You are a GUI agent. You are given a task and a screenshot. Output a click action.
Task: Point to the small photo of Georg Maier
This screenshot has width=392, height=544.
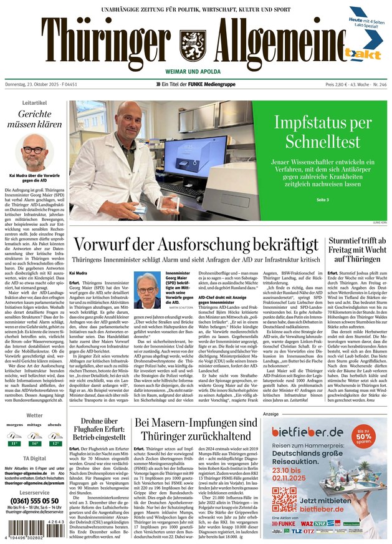(148, 291)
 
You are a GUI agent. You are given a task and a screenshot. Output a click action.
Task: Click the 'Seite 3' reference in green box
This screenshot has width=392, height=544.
(323, 199)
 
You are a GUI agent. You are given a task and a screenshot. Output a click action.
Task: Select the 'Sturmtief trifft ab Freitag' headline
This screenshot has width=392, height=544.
(348, 250)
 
